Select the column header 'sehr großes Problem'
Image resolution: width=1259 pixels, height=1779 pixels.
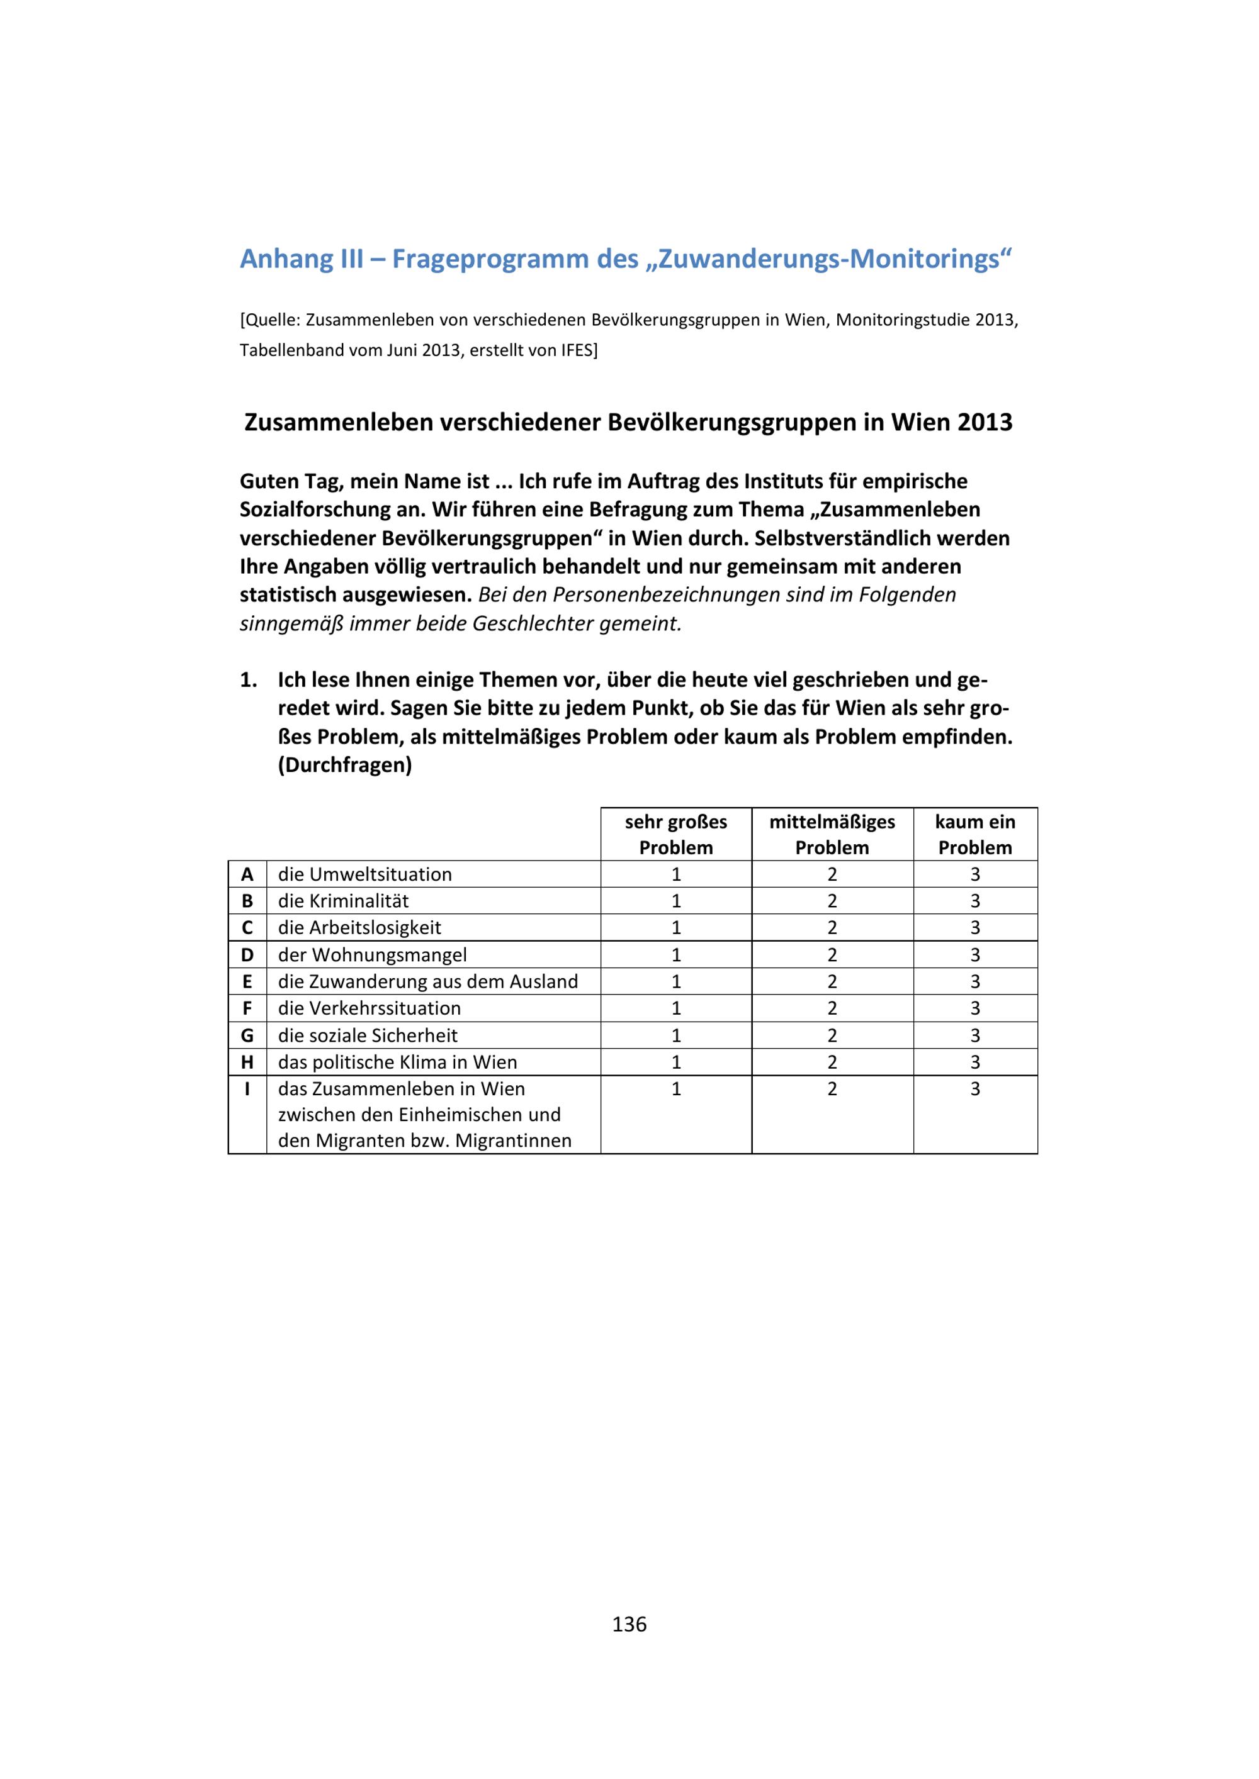tap(675, 835)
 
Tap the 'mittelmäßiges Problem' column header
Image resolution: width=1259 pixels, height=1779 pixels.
tap(832, 835)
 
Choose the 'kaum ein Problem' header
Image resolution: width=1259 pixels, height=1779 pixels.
tap(974, 835)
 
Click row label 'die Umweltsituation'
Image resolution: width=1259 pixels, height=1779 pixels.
tap(364, 875)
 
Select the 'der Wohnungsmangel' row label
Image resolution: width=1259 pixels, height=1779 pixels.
tap(372, 954)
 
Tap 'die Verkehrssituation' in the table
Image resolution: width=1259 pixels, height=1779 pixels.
tap(369, 1008)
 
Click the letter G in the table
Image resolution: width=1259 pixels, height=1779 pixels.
tap(247, 1035)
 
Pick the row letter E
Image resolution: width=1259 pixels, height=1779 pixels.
tap(247, 982)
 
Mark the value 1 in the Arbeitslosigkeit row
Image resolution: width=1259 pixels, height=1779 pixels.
tap(676, 927)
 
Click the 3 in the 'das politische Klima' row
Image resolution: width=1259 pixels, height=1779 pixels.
tap(974, 1062)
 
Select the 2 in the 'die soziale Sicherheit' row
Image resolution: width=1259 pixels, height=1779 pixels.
tap(832, 1035)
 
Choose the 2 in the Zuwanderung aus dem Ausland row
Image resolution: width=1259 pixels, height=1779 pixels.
tap(832, 982)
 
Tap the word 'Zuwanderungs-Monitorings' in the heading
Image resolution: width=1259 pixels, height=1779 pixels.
tap(828, 259)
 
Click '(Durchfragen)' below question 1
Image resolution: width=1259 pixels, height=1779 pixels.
tap(345, 766)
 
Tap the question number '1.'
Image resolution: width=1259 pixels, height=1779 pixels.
tap(248, 680)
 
